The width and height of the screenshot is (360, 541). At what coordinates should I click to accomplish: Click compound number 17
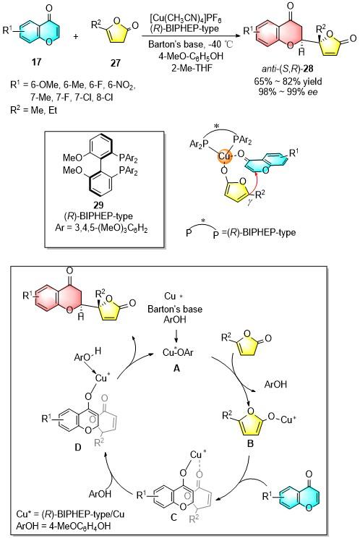[x=37, y=61]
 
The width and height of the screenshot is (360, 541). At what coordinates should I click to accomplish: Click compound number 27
[x=115, y=62]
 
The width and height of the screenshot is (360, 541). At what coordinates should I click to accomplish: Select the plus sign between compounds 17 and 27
[x=76, y=36]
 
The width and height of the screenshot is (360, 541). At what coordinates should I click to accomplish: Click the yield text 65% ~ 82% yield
[x=288, y=82]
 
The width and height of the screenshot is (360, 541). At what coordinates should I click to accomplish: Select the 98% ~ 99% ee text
[x=288, y=91]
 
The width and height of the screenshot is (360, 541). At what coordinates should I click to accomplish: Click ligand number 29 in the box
[x=98, y=205]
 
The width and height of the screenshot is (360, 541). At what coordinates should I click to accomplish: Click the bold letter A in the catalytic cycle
[x=176, y=369]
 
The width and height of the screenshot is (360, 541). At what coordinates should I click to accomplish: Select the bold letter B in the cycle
[x=251, y=443]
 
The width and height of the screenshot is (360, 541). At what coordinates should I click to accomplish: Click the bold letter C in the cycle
[x=173, y=517]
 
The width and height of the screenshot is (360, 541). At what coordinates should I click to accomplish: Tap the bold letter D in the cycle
[x=78, y=447]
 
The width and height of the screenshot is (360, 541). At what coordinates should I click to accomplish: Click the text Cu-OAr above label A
[x=178, y=352]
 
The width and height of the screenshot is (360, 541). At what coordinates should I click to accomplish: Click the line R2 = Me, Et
[x=34, y=110]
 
